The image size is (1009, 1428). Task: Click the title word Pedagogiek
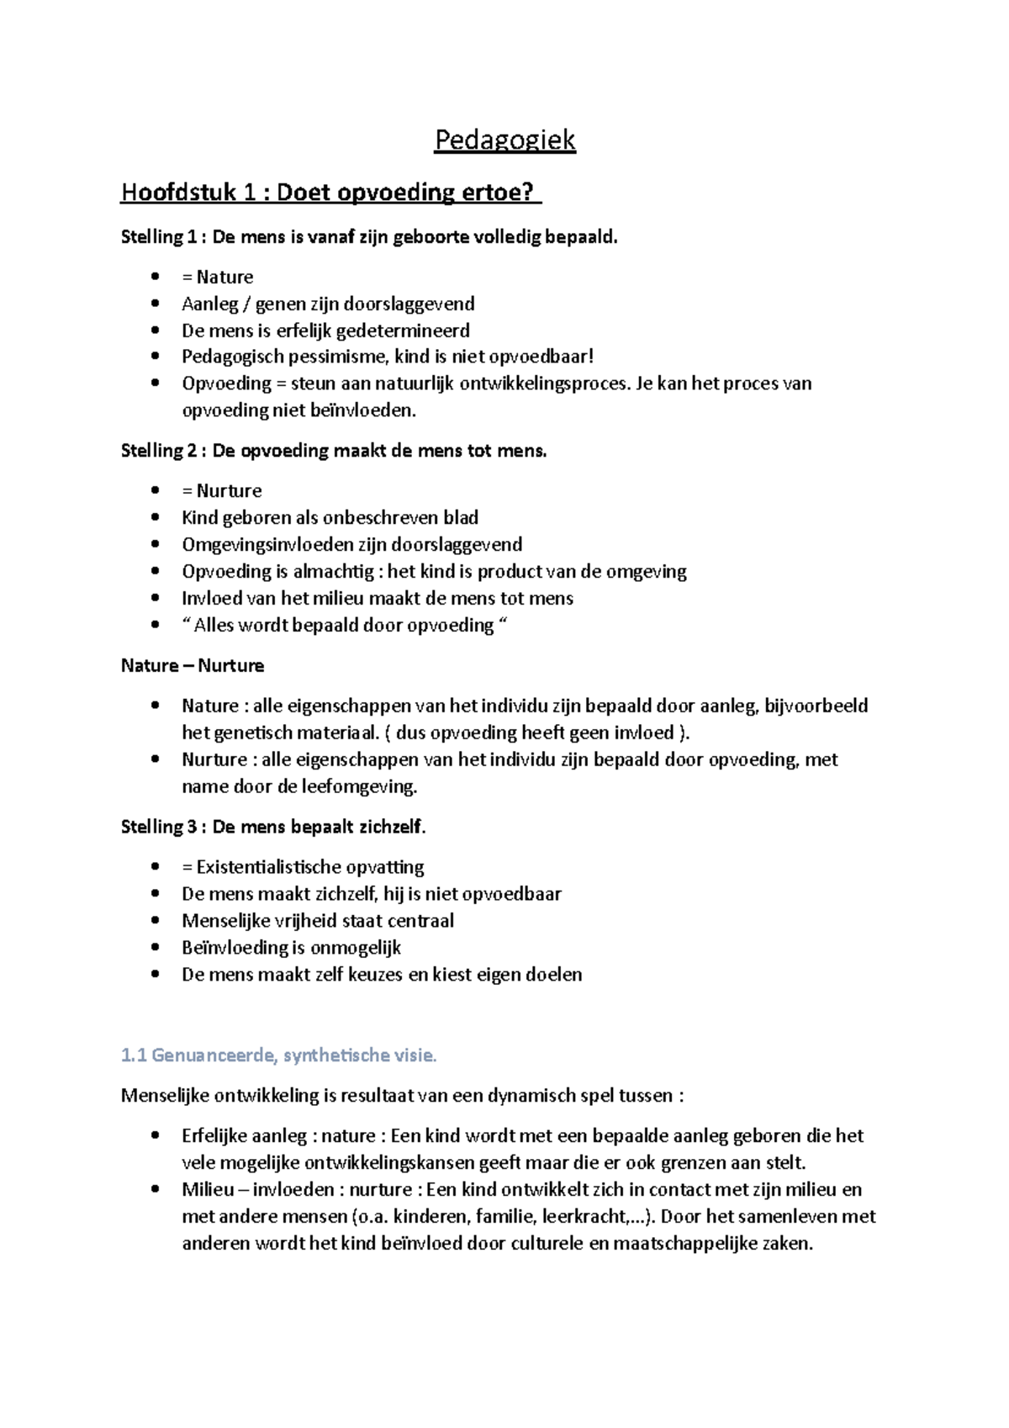504,140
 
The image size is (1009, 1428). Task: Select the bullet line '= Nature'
217,277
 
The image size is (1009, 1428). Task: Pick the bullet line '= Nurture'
221,490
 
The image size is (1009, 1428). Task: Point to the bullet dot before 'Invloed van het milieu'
155,598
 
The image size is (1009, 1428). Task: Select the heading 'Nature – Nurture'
193,665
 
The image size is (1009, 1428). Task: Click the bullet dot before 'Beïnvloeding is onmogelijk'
155,947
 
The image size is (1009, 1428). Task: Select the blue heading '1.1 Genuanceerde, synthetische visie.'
279,1055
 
